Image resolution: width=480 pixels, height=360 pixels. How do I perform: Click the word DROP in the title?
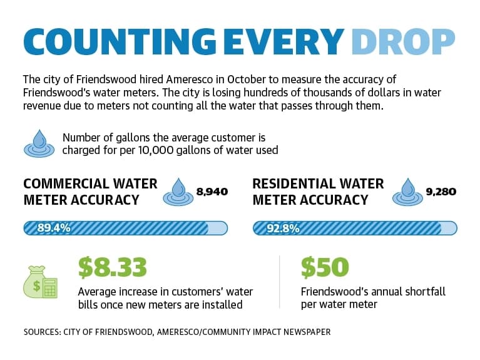tap(403, 42)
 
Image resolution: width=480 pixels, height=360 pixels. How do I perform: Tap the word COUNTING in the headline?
tap(120, 42)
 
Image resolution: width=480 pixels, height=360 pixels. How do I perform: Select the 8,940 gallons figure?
tap(212, 192)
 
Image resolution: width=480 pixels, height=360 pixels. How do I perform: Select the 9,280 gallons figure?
tap(441, 192)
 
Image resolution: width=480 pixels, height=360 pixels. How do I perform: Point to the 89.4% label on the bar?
tap(54, 228)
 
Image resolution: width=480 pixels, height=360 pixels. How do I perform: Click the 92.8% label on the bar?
tap(283, 229)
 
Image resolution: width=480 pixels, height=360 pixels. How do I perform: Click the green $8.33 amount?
tap(113, 267)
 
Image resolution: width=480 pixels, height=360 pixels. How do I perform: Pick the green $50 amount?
tap(325, 267)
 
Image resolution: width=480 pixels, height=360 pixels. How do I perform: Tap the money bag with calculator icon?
tap(41, 282)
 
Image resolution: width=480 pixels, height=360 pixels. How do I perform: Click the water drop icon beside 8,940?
tap(178, 192)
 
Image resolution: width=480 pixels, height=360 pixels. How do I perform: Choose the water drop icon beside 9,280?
tap(407, 192)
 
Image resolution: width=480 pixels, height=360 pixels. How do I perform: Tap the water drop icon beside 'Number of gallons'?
tap(39, 143)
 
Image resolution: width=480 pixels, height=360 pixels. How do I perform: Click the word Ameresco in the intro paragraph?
tap(190, 80)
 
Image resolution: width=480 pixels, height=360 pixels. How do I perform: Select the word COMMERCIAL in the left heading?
tap(66, 184)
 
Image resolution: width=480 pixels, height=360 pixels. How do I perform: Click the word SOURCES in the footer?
tap(43, 332)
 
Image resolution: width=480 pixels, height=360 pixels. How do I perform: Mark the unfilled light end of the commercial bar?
tap(218, 229)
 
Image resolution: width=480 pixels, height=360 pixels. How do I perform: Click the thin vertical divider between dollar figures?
tap(280, 282)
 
